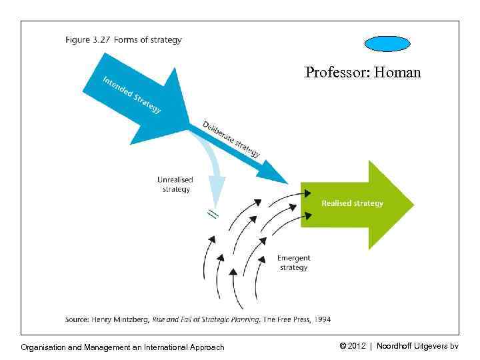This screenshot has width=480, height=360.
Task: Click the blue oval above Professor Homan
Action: coord(387,43)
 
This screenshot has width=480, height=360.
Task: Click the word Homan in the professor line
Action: coord(398,72)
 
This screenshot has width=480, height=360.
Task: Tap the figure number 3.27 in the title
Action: coord(102,40)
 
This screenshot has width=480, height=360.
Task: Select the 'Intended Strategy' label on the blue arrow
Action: coord(131,95)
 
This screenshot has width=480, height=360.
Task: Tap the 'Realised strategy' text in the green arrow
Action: coord(352,203)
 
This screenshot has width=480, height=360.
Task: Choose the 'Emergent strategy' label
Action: coord(293,263)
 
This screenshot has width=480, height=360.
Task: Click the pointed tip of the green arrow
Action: coord(413,204)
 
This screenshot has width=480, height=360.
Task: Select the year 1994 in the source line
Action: coord(321,319)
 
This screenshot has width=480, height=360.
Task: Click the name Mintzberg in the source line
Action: coord(134,319)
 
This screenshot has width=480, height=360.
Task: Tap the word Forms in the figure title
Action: coord(125,40)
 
